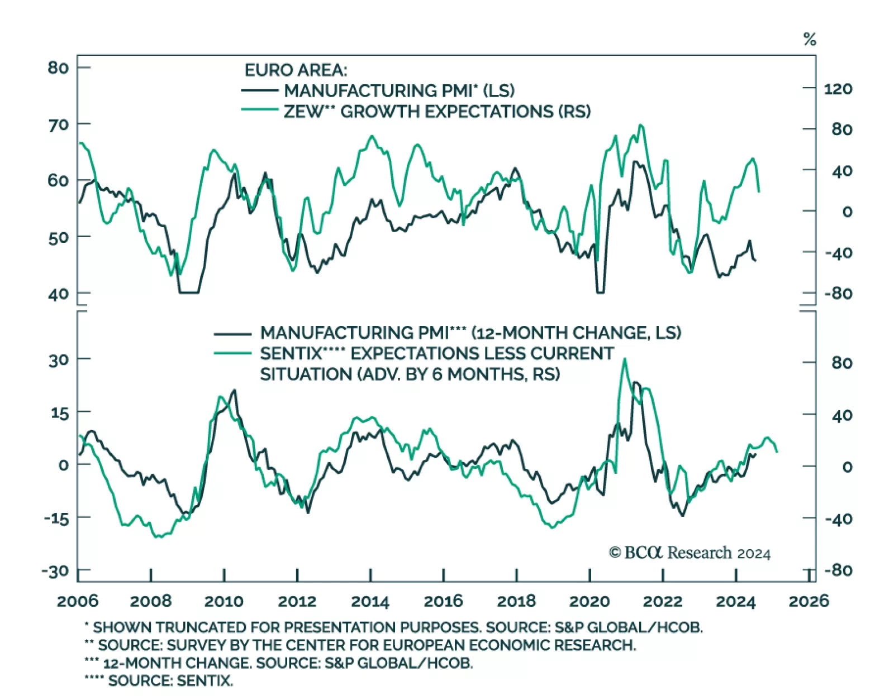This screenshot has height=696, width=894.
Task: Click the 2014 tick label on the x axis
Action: pos(370,601)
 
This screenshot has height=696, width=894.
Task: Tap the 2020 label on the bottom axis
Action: pos(589,601)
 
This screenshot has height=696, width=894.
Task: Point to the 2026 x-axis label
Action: pos(809,601)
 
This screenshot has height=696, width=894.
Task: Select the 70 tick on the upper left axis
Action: pos(58,124)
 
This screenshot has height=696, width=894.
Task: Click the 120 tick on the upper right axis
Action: pos(838,89)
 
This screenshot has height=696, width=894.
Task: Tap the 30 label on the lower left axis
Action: pos(58,360)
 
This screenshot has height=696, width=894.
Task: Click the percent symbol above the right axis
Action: pos(810,40)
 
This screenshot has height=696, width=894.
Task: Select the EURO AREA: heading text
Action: pos(296,70)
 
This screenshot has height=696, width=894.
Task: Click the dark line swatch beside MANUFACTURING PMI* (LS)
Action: pos(259,90)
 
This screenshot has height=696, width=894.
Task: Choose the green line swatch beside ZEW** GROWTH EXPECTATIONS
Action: pos(259,111)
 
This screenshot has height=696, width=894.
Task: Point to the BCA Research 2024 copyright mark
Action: pos(689,553)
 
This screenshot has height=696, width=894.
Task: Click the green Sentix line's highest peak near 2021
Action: pos(624,359)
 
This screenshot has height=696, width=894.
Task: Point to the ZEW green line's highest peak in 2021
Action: pos(640,126)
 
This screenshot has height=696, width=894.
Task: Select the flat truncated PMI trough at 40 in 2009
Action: pos(189,292)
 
